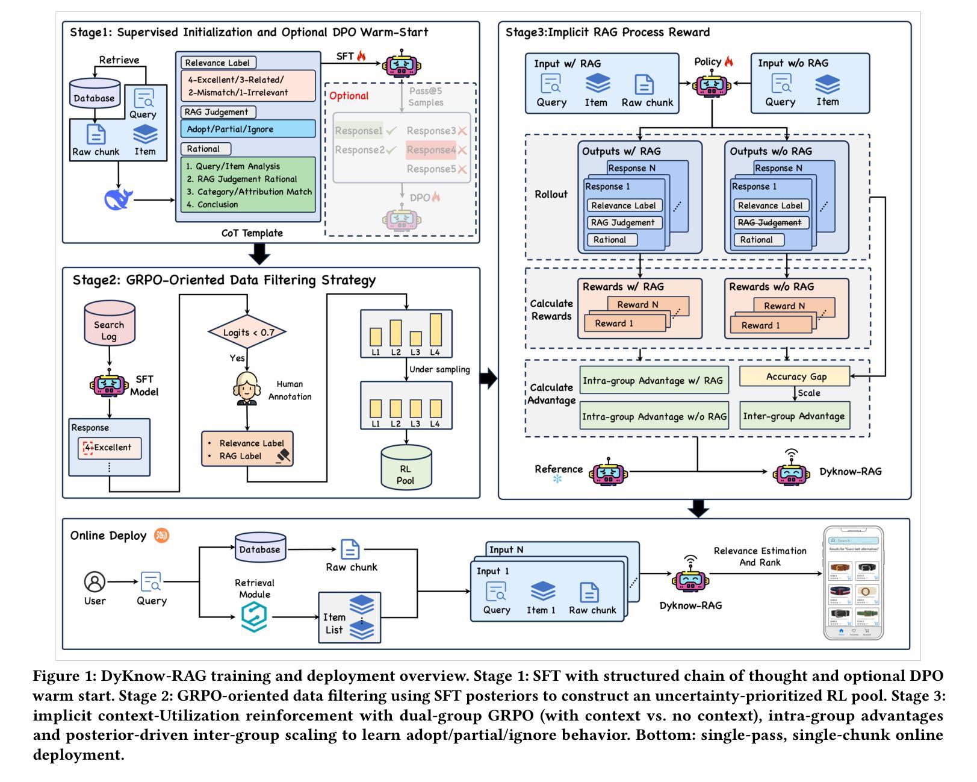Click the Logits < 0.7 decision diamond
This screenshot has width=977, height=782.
tap(247, 332)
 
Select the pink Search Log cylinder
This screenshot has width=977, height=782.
tap(109, 329)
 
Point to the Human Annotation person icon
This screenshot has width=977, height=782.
tap(246, 389)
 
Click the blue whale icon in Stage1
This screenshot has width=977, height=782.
tap(119, 199)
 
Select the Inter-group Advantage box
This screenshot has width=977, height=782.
tap(794, 416)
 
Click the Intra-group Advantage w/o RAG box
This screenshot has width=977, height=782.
tap(654, 416)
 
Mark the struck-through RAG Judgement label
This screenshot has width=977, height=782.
tap(771, 222)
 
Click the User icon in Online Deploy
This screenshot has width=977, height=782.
tap(95, 582)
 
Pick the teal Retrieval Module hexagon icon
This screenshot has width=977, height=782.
tap(253, 618)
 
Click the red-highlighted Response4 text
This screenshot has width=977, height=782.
tap(430, 150)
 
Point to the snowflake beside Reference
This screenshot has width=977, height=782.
tap(557, 480)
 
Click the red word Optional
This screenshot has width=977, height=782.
tap(349, 96)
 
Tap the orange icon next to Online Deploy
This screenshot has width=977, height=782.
tap(161, 535)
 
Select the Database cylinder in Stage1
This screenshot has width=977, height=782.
tap(95, 94)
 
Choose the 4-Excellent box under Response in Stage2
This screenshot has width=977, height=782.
tap(109, 448)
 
